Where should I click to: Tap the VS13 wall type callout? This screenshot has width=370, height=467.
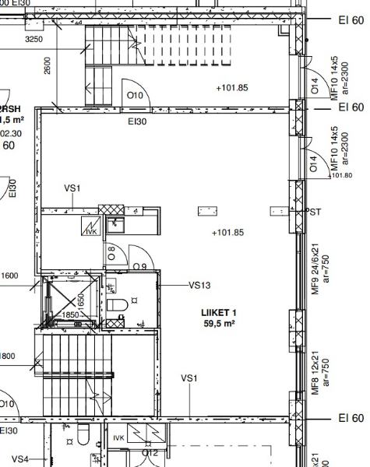200,285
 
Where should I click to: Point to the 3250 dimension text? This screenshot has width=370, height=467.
34,38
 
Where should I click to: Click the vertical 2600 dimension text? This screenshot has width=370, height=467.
48,65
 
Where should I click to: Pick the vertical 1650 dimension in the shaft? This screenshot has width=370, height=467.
79,299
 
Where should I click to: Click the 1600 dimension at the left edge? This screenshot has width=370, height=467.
9,276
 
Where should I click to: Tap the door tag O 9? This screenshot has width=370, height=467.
140,267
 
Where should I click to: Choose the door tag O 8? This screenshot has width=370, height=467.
112,252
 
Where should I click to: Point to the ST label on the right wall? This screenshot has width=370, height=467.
315,212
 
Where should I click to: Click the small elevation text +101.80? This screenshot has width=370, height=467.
341,175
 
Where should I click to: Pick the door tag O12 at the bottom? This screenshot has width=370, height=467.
150,452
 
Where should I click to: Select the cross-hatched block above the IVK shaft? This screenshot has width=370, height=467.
111,211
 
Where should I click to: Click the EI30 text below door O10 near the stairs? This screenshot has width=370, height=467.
137,121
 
